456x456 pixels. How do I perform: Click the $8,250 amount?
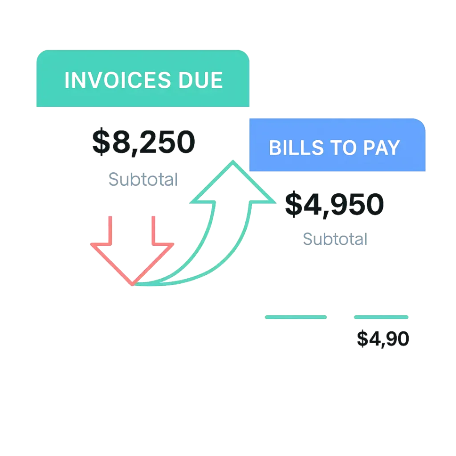144,142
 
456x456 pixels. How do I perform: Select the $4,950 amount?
334,204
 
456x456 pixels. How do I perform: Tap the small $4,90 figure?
383,340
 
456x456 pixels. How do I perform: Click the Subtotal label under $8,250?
143,180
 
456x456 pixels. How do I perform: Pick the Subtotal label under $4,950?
334,240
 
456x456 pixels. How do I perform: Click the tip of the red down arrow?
132,284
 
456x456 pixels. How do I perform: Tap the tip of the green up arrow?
233,162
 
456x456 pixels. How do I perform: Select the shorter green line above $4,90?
381,317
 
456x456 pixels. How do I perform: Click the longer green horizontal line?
296,317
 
